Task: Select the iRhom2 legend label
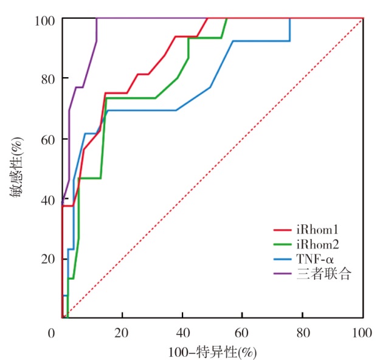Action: pyautogui.click(x=317, y=244)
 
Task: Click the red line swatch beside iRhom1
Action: pyautogui.click(x=282, y=230)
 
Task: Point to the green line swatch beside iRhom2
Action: pyautogui.click(x=282, y=244)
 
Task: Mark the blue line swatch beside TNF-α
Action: pyautogui.click(x=282, y=260)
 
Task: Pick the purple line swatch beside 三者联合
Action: pyautogui.click(x=282, y=274)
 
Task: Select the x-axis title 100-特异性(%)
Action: pyautogui.click(x=212, y=352)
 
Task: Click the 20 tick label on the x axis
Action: pyautogui.click(x=122, y=333)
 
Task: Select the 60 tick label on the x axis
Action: pyautogui.click(x=243, y=333)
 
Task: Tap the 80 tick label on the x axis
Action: pyautogui.click(x=303, y=333)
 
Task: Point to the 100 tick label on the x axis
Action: pyautogui.click(x=362, y=333)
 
